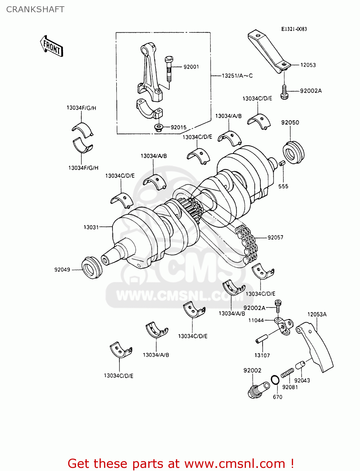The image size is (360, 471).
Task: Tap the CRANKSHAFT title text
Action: click(35, 9)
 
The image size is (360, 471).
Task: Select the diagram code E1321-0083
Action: click(294, 29)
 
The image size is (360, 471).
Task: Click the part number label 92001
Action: click(191, 67)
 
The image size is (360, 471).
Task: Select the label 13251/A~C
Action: click(237, 76)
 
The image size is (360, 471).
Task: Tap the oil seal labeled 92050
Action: click(293, 153)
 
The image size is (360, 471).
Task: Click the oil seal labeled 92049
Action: click(91, 268)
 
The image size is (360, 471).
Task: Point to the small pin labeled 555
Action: click(282, 163)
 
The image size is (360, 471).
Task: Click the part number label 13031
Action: click(91, 227)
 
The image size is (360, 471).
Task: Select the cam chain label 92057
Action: click(275, 237)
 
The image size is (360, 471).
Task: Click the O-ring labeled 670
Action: click(275, 380)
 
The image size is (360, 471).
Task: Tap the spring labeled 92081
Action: click(287, 373)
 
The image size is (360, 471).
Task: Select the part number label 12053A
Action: click(317, 314)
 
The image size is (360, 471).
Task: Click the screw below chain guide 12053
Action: click(284, 93)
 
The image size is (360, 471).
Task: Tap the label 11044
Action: click(256, 320)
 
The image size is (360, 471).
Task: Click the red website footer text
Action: click(181, 463)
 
